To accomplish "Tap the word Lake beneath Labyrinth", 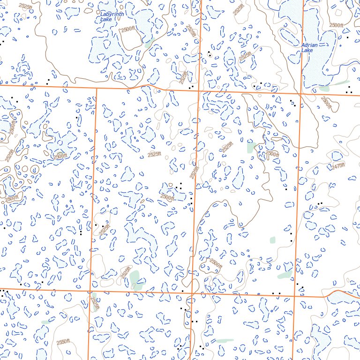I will pyautogui.click(x=106, y=20).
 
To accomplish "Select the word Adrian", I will pyautogui.click(x=310, y=45).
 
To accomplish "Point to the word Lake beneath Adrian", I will pyautogui.click(x=307, y=50).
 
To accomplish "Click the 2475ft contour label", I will pyautogui.click(x=337, y=165).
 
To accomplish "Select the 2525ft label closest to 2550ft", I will pyautogui.click(x=95, y=303).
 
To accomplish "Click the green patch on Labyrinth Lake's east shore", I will pyautogui.click(x=149, y=44).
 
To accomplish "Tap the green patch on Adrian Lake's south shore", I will pyautogui.click(x=324, y=88).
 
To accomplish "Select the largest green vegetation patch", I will pyautogui.click(x=136, y=279).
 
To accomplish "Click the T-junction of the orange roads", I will pyautogui.click(x=96, y=88).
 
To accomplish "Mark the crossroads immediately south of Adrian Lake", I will pyautogui.click(x=301, y=93).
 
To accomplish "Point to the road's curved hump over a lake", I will pyautogui.click(x=336, y=292).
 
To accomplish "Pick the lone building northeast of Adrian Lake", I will pyautogui.click(x=347, y=37).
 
